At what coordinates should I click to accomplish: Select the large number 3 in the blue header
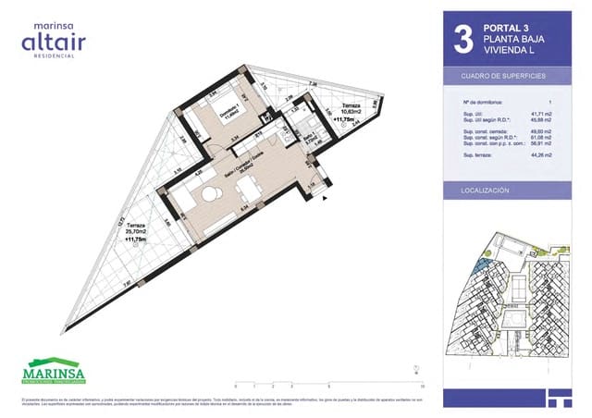[463, 40]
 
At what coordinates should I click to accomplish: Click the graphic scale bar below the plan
[328, 386]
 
